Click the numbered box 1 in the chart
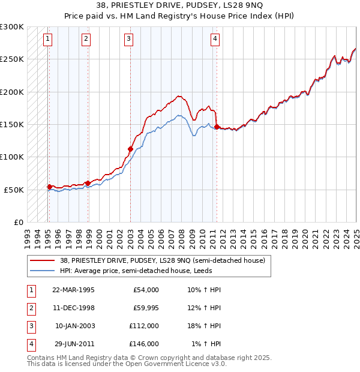click(47, 40)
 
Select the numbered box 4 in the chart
click(215, 40)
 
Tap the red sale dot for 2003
click(130, 148)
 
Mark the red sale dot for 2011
click(217, 127)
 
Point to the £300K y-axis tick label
click(11, 27)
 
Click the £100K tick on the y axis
click(11, 157)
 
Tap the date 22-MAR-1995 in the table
click(73, 290)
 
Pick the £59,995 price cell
click(145, 308)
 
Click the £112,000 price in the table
click(144, 326)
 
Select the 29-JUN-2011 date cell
click(74, 344)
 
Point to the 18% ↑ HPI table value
click(204, 326)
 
